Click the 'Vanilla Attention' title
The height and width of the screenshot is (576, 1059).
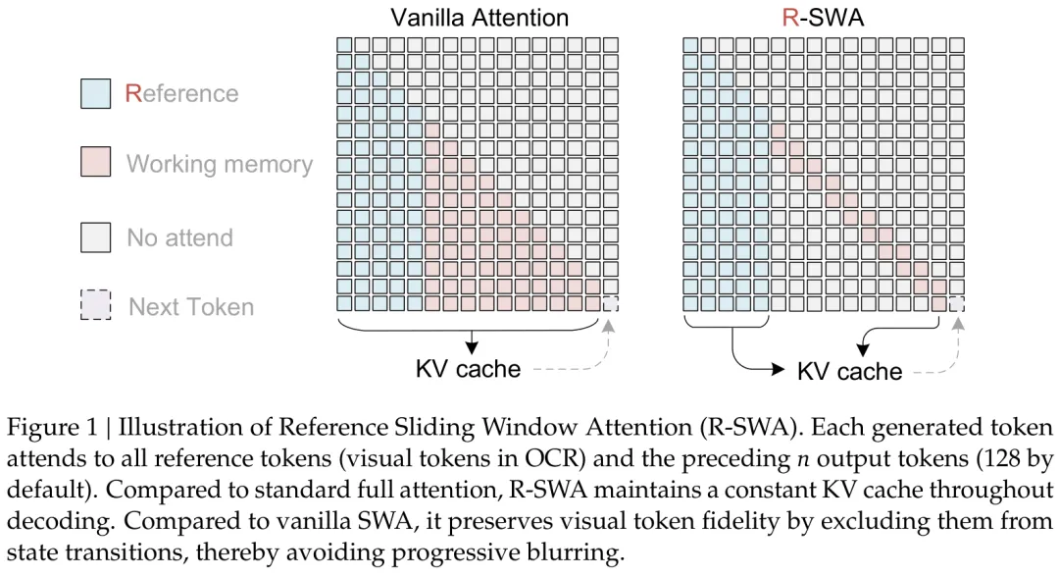[x=479, y=18]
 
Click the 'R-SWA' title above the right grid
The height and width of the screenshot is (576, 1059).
[x=823, y=18]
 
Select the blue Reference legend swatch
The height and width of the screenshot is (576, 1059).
[x=96, y=93]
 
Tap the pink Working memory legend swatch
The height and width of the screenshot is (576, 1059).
[x=96, y=162]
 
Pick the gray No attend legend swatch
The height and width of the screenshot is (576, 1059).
[x=96, y=237]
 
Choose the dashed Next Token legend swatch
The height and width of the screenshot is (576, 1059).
[x=96, y=305]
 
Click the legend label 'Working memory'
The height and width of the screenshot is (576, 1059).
[x=220, y=164]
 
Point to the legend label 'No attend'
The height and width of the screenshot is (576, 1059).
[x=179, y=238]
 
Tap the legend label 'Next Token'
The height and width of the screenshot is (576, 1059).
[x=191, y=307]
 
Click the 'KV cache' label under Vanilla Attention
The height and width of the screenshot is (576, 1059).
[x=468, y=369]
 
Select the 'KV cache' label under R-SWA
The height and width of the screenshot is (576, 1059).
[x=849, y=371]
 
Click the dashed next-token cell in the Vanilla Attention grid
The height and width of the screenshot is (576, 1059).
[x=611, y=303]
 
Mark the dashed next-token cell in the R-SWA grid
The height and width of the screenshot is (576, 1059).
[x=956, y=303]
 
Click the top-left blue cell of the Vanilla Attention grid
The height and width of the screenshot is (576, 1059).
[x=344, y=45]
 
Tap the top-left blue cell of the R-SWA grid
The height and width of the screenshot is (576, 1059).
[x=690, y=45]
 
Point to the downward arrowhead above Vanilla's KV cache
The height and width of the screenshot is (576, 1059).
[x=472, y=348]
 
